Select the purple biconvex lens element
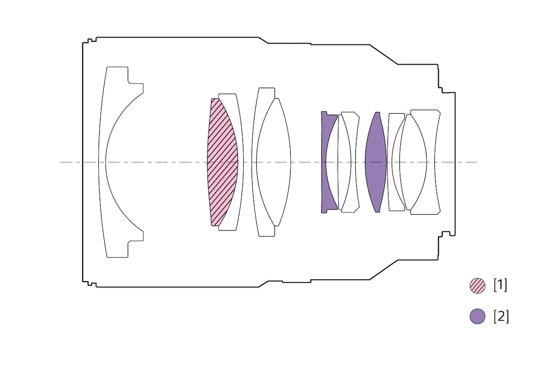click(x=376, y=162)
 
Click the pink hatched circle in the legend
click(x=478, y=286)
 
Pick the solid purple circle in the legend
click(x=478, y=317)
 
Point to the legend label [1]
click(x=500, y=285)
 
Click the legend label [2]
click(x=501, y=317)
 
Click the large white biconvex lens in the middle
click(x=274, y=162)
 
